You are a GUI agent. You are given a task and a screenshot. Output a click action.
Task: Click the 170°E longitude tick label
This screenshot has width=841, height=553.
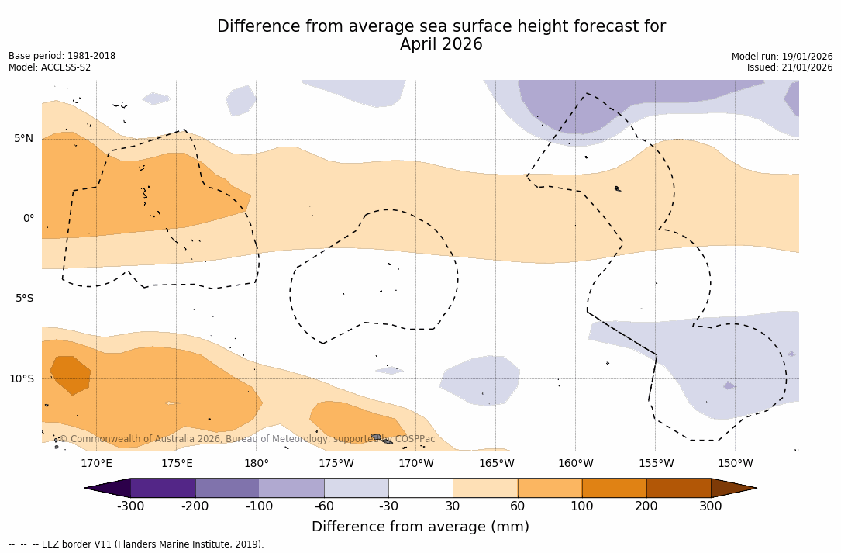(96, 464)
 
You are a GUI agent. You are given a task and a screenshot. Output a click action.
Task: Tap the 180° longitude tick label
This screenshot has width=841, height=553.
(256, 464)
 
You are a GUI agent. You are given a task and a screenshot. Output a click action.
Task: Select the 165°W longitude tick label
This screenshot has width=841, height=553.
(496, 464)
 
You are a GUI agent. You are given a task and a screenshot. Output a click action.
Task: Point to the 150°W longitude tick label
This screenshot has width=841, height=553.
(735, 464)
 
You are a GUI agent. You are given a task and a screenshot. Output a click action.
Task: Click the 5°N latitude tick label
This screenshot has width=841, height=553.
(23, 139)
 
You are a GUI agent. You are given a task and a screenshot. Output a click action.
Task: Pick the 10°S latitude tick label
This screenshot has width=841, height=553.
(21, 379)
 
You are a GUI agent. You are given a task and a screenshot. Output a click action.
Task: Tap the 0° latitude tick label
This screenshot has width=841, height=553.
(28, 219)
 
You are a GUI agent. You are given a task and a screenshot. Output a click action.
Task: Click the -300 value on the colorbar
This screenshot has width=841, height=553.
(131, 506)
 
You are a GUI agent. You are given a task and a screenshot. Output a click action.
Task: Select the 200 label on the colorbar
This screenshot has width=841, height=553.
(646, 506)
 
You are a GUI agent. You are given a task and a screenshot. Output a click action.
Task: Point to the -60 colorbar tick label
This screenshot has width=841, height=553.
(324, 506)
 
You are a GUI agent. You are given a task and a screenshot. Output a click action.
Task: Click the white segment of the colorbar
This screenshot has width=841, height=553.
(420, 488)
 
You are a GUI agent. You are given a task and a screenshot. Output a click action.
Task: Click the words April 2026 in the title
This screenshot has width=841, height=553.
(441, 45)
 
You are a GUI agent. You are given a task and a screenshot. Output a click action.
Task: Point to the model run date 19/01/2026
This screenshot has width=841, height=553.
(807, 57)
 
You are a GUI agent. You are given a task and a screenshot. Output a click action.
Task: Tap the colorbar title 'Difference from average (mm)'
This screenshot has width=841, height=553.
(420, 527)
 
